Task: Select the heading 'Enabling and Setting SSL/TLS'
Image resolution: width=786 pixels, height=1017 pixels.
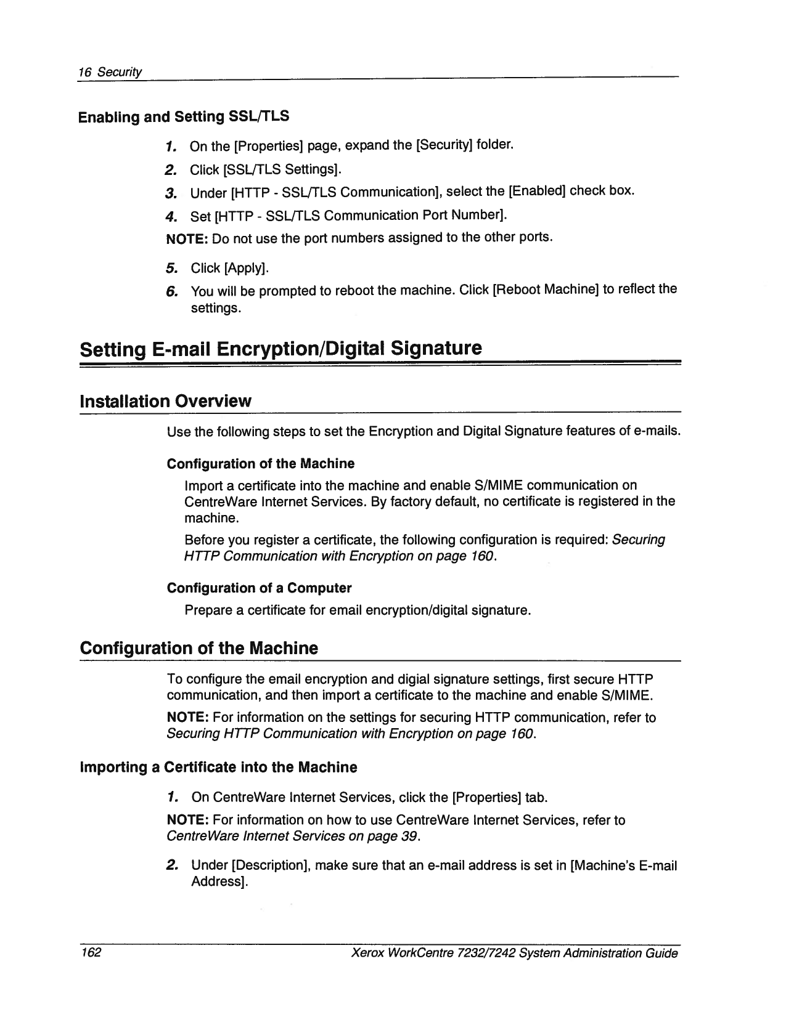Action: [184, 116]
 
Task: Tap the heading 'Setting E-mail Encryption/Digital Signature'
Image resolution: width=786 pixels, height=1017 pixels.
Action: [280, 349]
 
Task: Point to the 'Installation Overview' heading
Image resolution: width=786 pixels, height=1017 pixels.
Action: [165, 401]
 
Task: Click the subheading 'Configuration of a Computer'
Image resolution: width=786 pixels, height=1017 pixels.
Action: [259, 588]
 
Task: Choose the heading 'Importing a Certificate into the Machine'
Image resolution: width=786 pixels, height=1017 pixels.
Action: [218, 767]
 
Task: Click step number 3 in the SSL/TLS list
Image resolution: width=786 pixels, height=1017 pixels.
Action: [171, 193]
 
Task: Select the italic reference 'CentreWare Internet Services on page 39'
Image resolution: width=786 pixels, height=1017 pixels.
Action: [293, 837]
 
